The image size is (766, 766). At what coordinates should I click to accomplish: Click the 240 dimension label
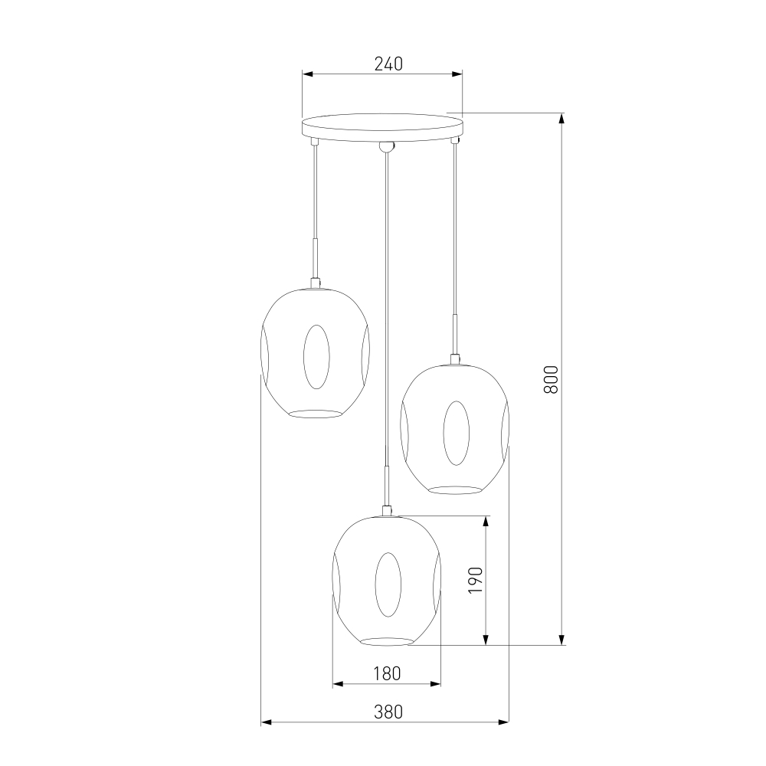coord(388,64)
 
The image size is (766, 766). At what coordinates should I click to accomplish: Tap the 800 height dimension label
coord(551,380)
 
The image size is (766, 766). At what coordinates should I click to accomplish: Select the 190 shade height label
coord(476,580)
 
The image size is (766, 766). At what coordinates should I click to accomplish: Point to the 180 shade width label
coord(387,673)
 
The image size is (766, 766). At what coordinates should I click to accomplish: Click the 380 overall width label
coord(388,712)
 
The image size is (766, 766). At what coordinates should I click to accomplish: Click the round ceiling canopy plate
coord(382,127)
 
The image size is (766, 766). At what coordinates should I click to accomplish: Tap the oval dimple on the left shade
coord(316,357)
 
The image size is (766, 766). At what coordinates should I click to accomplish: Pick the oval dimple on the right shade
coord(457,433)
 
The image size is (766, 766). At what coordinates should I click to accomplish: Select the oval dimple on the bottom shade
coord(388,584)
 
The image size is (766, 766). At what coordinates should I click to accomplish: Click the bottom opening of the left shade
coord(315,414)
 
